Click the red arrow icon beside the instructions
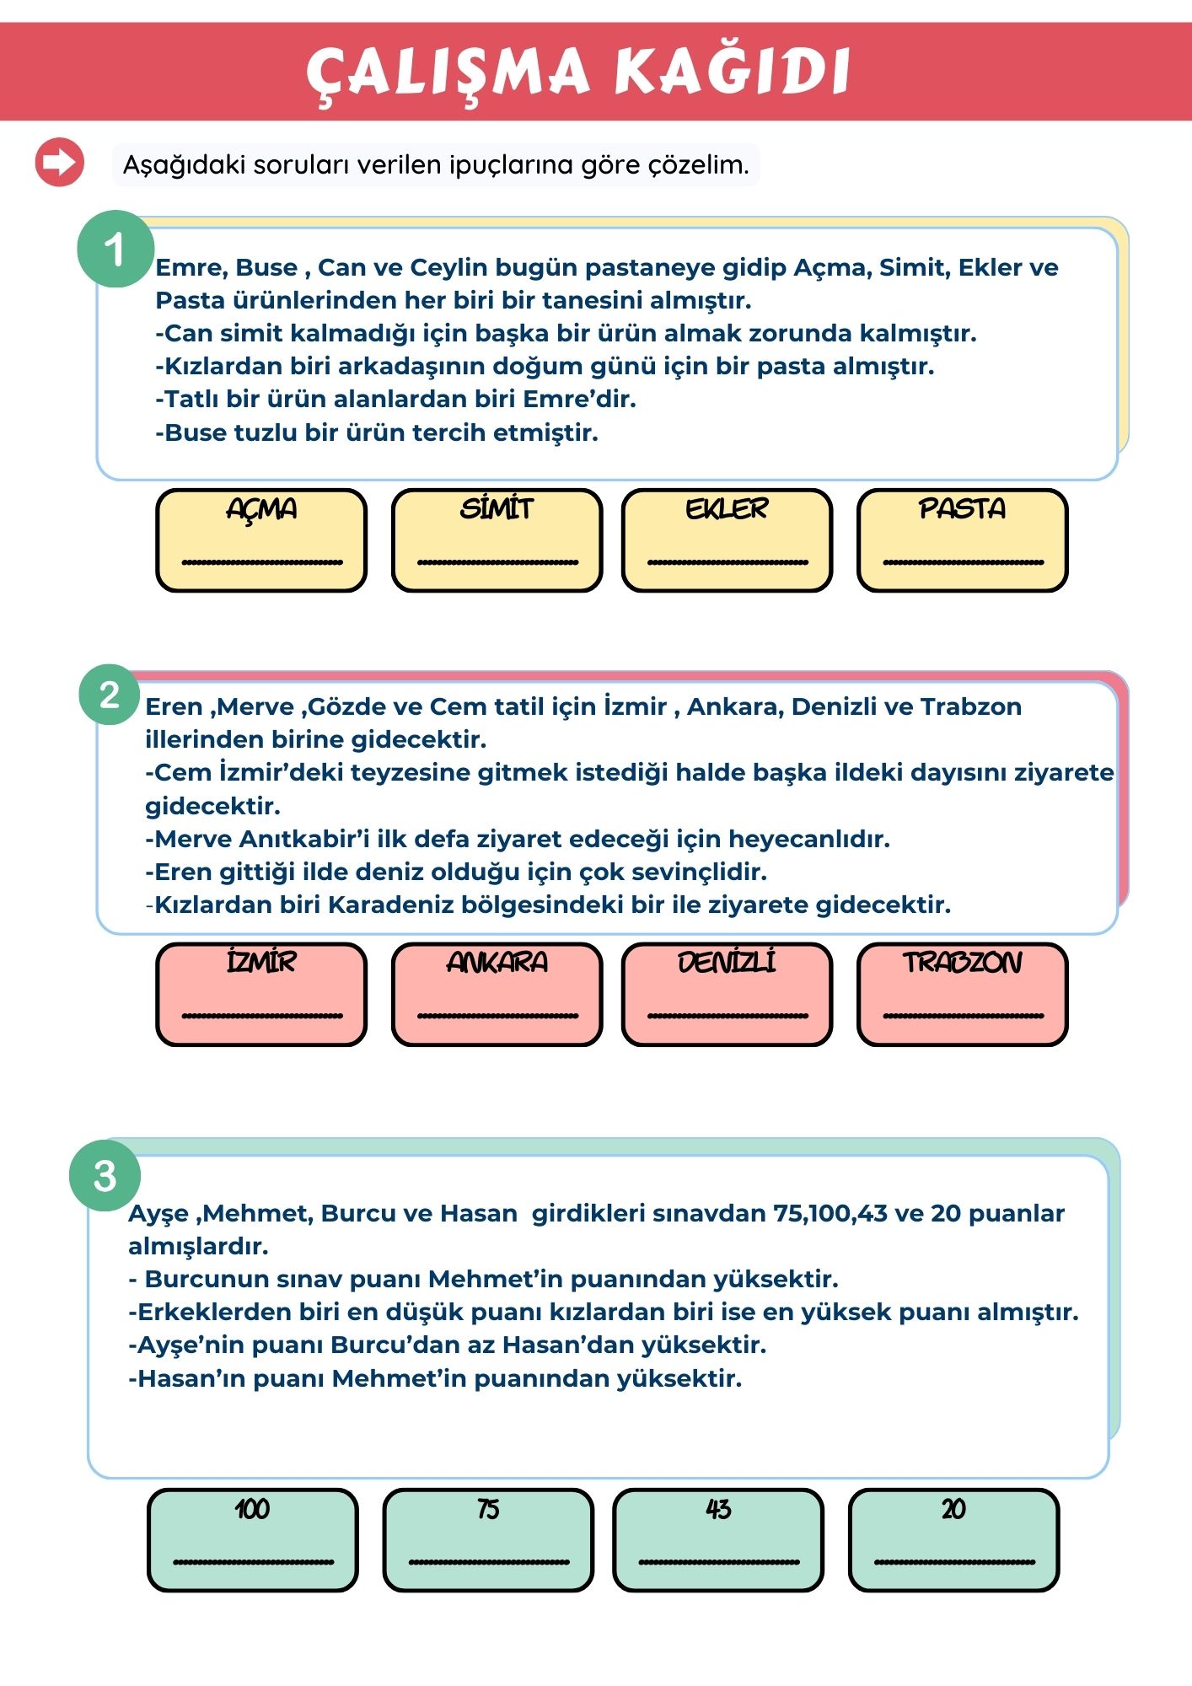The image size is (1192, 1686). [60, 162]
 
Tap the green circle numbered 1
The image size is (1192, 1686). [115, 250]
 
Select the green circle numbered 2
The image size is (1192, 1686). [110, 695]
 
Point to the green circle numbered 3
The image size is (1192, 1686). [105, 1176]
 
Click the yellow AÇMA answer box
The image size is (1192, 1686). [261, 540]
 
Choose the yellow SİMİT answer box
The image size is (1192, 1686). [497, 540]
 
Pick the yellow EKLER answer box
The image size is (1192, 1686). [727, 540]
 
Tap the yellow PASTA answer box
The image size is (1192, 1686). [962, 540]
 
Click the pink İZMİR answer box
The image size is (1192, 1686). [261, 995]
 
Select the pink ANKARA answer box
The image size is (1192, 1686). [497, 995]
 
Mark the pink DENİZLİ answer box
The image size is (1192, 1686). [727, 995]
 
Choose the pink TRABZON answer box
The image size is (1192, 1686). [962, 995]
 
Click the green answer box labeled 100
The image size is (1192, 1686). [253, 1540]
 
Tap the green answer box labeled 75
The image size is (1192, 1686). [488, 1540]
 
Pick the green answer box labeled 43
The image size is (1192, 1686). [718, 1540]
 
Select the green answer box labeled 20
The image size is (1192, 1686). [953, 1540]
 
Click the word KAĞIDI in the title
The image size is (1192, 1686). [732, 71]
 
